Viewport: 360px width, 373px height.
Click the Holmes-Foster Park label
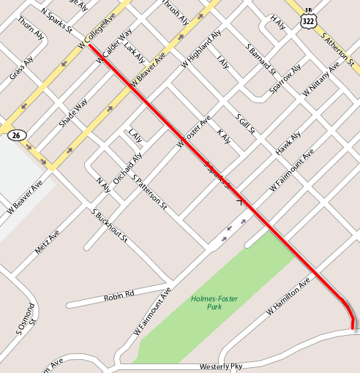pyautogui.click(x=216, y=303)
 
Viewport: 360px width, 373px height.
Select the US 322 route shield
pyautogui.click(x=307, y=20)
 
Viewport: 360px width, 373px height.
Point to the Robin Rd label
pyautogui.click(x=119, y=295)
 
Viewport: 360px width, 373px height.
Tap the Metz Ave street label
pyautogui.click(x=47, y=241)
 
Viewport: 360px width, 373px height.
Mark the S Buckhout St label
pyautogui.click(x=110, y=226)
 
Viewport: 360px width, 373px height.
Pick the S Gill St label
pyautogui.click(x=245, y=124)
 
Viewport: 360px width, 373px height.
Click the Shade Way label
pyautogui.click(x=73, y=112)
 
